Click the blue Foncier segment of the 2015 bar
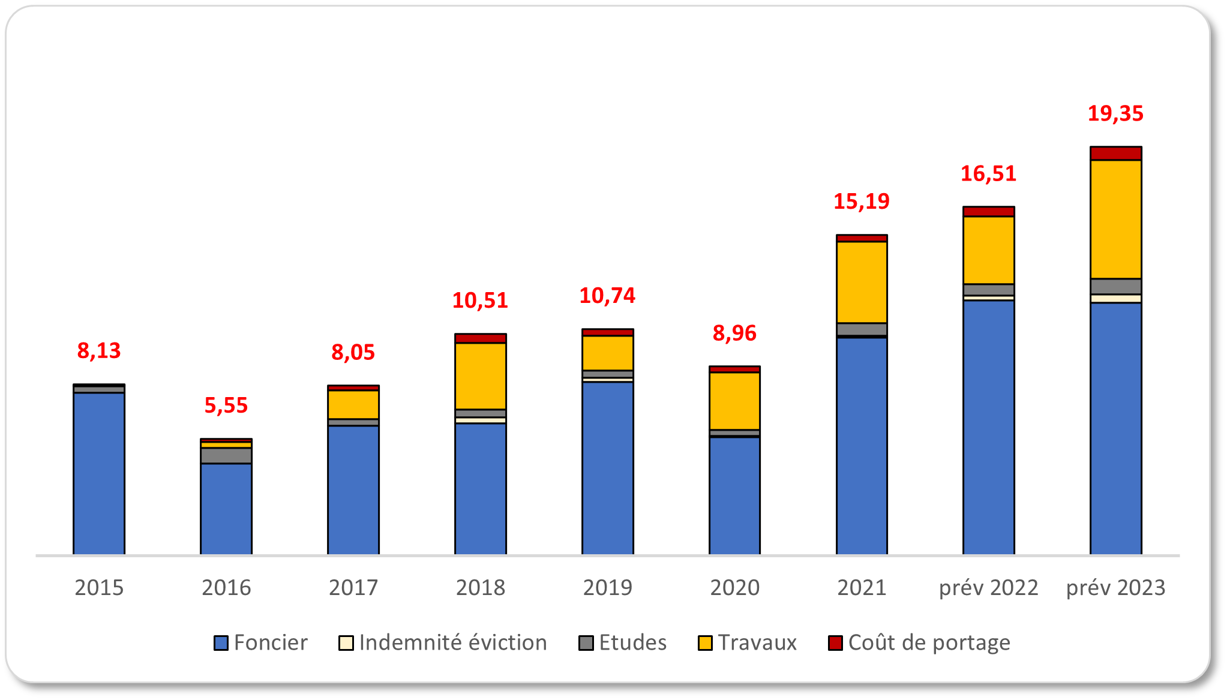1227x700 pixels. click(99, 473)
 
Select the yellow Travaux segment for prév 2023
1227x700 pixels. click(1115, 219)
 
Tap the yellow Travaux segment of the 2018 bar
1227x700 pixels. click(480, 376)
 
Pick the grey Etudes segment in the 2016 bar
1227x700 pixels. click(226, 455)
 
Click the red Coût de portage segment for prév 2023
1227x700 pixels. click(1115, 154)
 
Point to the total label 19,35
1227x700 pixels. click(1115, 113)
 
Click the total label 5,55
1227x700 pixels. click(226, 405)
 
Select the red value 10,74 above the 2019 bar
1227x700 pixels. click(607, 296)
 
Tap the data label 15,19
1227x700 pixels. click(862, 202)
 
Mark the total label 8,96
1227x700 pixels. click(734, 333)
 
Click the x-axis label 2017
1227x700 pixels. click(353, 587)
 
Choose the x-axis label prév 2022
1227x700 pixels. click(988, 587)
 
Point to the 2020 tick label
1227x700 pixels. click(734, 587)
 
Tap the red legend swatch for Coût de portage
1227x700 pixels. click(835, 643)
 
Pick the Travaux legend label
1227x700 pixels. click(757, 642)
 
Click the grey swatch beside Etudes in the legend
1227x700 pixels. click(586, 643)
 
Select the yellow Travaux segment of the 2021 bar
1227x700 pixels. click(862, 282)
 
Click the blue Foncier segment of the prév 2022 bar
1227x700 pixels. click(988, 426)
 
